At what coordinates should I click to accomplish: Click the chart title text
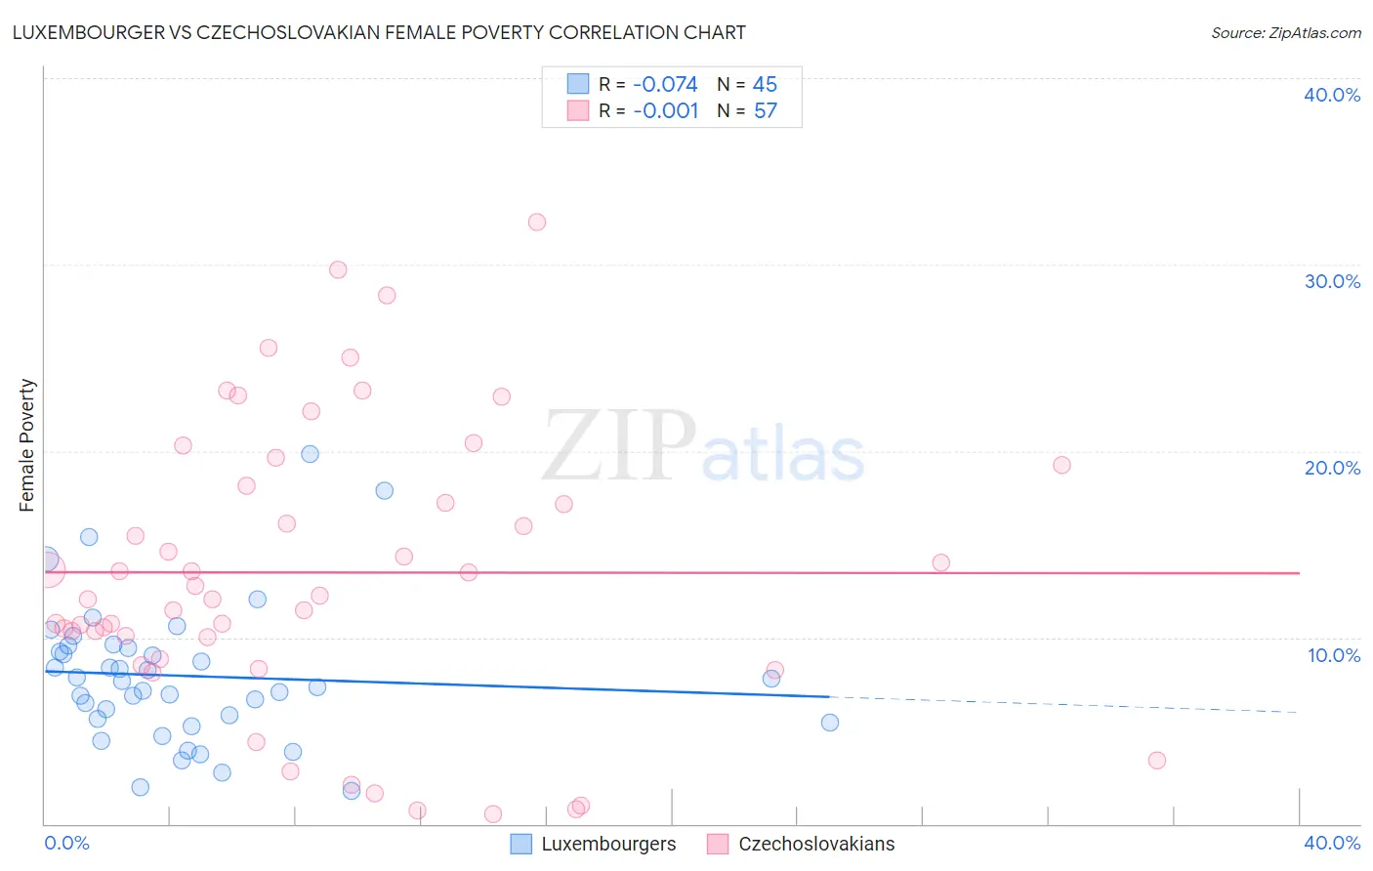click(x=379, y=32)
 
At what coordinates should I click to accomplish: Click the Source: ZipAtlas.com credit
click(x=1285, y=33)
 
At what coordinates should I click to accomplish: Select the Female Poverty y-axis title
click(x=27, y=445)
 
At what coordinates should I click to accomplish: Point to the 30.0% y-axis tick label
click(x=1332, y=281)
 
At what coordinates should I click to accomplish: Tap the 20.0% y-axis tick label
click(x=1332, y=468)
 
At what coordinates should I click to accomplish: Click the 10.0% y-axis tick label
click(x=1333, y=655)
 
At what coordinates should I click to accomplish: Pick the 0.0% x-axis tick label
click(x=67, y=843)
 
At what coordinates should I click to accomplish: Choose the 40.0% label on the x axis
click(x=1332, y=843)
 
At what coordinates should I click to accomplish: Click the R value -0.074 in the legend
click(x=665, y=85)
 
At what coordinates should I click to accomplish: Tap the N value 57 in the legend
click(x=766, y=111)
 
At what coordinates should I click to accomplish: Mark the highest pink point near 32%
click(x=537, y=222)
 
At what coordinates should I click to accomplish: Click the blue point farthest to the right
click(x=830, y=723)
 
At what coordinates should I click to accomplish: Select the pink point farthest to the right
click(x=1157, y=761)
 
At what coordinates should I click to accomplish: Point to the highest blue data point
click(x=310, y=454)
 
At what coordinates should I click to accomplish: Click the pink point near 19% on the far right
click(x=1062, y=465)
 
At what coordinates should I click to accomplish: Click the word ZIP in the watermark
click(x=619, y=446)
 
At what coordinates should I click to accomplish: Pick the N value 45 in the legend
click(x=765, y=85)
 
